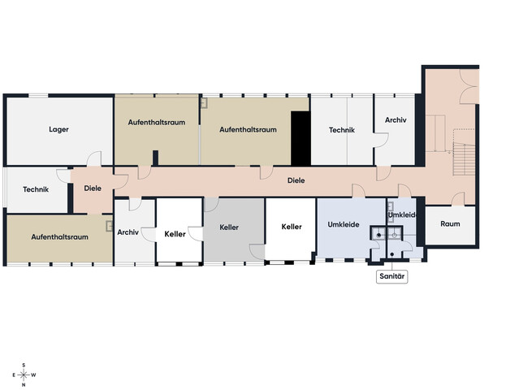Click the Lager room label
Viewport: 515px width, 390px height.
58,129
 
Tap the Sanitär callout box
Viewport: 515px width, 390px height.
392,276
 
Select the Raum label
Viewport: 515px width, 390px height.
450,223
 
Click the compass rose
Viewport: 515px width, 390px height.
24,375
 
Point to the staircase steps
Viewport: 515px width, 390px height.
464,159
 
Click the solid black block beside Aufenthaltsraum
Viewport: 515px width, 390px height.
301,138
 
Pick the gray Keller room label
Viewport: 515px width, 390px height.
229,227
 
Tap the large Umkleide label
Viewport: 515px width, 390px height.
344,225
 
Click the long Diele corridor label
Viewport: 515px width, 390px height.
296,180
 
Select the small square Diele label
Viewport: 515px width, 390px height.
93,188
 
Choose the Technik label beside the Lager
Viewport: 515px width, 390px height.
36,189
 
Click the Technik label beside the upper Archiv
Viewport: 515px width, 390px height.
342,130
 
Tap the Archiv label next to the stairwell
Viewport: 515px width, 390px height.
396,120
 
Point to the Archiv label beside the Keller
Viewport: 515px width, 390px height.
128,232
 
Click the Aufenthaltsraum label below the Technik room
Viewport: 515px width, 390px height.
59,237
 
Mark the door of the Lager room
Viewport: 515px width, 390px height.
94,159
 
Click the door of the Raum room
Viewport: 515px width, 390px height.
458,199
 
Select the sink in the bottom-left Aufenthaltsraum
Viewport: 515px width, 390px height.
109,227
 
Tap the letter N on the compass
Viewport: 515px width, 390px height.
24,384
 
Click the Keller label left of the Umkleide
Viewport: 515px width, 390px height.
292,227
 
